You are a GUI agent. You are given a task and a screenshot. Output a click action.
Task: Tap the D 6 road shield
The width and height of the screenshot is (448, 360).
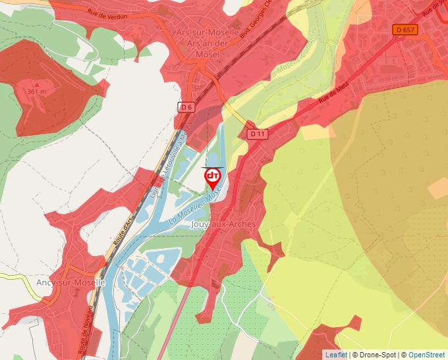point(187,107)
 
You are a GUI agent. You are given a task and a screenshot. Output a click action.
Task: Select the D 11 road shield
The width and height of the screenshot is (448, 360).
point(258,134)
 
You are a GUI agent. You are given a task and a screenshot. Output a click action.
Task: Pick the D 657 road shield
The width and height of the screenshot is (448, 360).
point(406,30)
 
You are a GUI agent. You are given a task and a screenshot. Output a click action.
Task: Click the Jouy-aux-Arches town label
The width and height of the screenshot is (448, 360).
point(223,224)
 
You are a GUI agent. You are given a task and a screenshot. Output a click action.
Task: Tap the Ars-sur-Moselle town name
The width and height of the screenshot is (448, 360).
point(208,32)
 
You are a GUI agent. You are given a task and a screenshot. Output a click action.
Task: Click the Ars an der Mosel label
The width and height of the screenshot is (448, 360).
point(208,42)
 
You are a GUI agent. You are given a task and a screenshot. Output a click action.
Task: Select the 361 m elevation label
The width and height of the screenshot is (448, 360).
point(37,91)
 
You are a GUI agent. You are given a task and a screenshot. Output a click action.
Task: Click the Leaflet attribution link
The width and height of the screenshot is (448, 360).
point(335,355)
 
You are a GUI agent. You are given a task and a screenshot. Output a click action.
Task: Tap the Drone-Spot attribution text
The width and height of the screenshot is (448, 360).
point(375,355)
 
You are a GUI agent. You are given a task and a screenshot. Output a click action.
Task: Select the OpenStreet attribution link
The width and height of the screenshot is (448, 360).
point(426,355)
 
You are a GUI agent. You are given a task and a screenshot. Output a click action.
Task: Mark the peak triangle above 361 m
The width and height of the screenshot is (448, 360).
point(37,84)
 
